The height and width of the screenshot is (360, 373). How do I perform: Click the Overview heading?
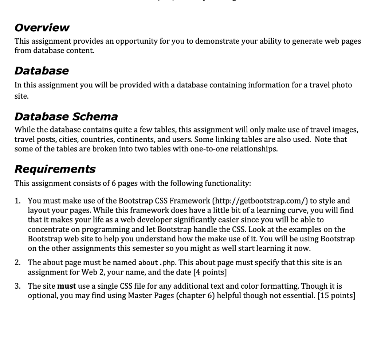[x=42, y=28]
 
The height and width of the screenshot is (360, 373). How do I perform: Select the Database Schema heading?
[x=66, y=117]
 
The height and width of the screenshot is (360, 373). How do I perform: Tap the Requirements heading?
[x=55, y=169]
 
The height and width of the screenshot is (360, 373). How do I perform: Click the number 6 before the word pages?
[x=114, y=183]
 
